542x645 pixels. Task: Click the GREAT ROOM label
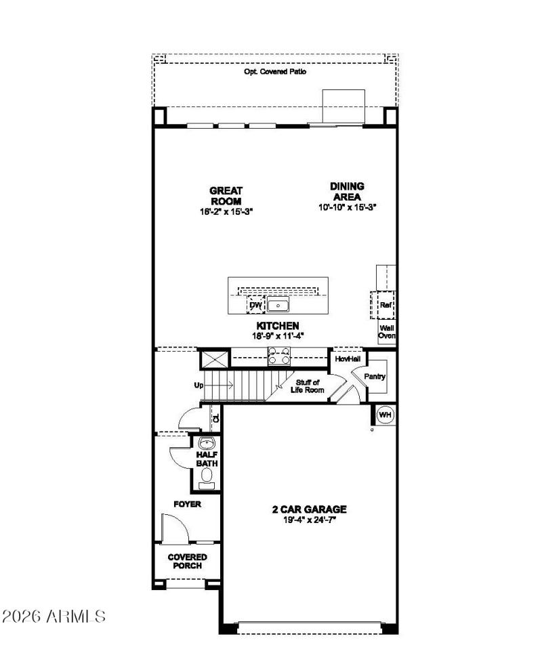tap(226, 196)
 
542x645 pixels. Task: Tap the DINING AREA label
tap(347, 191)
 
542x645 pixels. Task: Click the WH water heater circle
tap(384, 415)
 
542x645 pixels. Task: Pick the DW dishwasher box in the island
tap(255, 305)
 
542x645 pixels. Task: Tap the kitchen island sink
tap(278, 305)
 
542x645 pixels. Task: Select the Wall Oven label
tap(387, 331)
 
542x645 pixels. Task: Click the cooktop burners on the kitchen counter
tap(280, 352)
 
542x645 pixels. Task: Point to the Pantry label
tap(375, 377)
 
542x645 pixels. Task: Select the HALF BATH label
tap(207, 459)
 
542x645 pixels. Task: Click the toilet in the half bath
tap(207, 478)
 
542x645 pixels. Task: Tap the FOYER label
tap(187, 505)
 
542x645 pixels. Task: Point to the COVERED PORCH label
tap(187, 561)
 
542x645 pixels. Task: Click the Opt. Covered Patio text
tap(275, 71)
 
